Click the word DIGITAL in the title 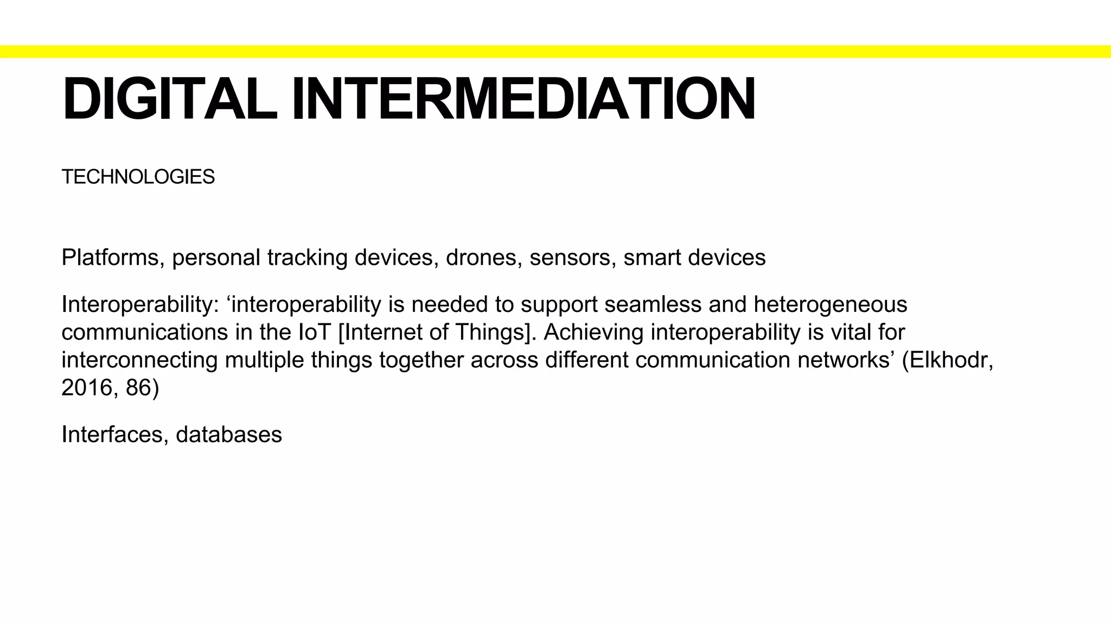point(169,99)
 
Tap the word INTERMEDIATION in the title point(523,99)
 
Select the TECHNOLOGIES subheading point(138,177)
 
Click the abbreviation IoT point(315,333)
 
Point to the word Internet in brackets point(379,333)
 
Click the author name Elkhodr point(949,360)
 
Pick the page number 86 point(139,388)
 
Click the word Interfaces point(114,435)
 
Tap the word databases point(229,435)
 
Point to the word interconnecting point(139,360)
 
